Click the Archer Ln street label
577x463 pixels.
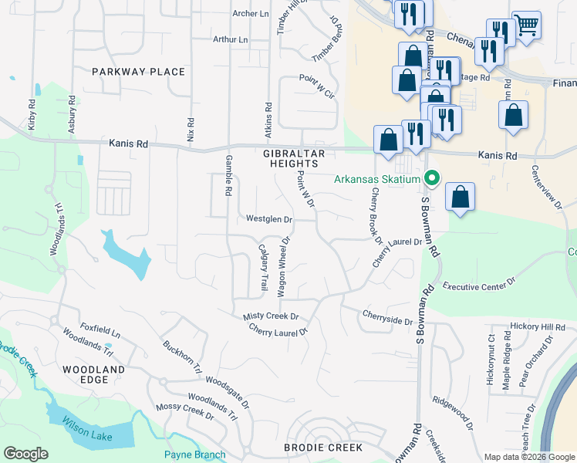(x=251, y=13)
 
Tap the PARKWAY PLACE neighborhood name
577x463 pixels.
(x=138, y=72)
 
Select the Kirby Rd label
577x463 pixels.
(x=32, y=114)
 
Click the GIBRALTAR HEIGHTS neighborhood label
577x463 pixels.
(x=291, y=158)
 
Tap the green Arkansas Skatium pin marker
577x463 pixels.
(x=432, y=179)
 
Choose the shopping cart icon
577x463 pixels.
(x=527, y=24)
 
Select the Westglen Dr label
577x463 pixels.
(x=269, y=219)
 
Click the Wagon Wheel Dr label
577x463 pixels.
(x=282, y=266)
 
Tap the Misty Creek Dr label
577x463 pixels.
(x=271, y=316)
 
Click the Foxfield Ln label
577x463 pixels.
(x=100, y=333)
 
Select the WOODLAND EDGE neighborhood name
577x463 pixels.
(x=94, y=376)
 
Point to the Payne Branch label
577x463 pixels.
(x=194, y=455)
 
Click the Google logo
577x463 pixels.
(x=26, y=453)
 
